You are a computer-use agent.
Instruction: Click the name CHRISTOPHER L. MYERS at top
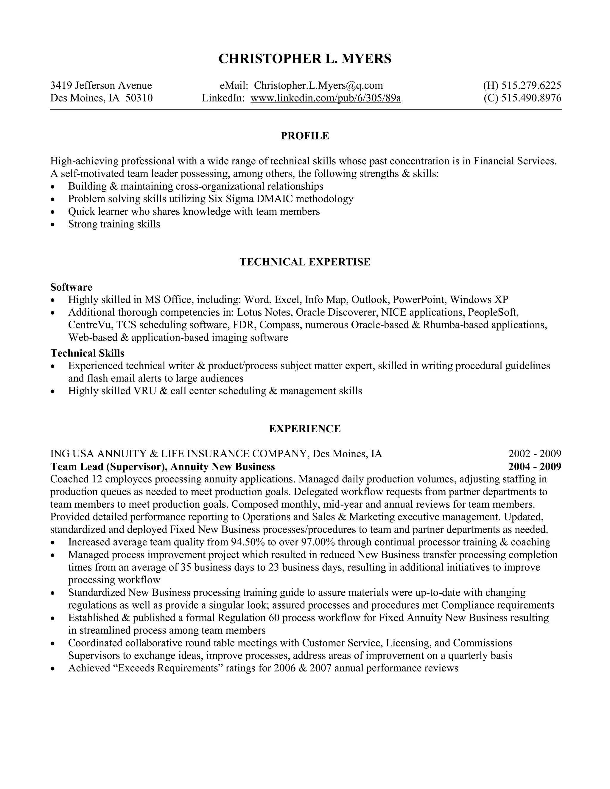[x=305, y=59]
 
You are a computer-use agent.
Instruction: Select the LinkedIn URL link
[x=326, y=98]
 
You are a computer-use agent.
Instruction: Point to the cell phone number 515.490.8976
[x=531, y=98]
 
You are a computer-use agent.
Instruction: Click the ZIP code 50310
[x=139, y=98]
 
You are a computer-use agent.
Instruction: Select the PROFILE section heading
[x=305, y=136]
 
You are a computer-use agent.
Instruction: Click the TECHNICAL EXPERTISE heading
[x=305, y=262]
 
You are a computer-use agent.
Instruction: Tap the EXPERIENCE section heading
[x=305, y=429]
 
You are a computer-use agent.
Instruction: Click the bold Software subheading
[x=71, y=287]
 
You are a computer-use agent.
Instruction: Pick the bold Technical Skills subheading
[x=87, y=353]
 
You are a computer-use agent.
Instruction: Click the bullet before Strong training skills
[x=53, y=225]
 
